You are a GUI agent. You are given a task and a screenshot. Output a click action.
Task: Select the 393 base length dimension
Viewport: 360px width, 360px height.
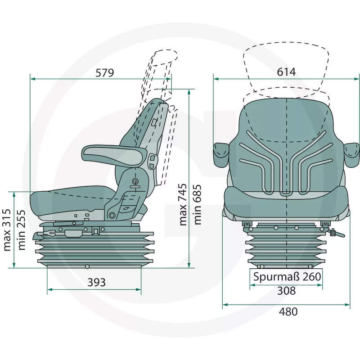[x=96, y=282]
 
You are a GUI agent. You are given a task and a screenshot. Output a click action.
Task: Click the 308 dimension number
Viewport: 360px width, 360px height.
[x=286, y=291]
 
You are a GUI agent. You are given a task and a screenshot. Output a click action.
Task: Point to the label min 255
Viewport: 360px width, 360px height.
[x=22, y=230]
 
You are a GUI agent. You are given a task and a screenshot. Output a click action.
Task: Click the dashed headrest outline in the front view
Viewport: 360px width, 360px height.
[x=286, y=67]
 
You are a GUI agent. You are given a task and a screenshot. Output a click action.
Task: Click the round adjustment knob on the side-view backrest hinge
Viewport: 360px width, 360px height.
[x=135, y=181]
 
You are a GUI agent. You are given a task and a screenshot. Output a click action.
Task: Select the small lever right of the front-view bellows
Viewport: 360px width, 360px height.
[x=333, y=233]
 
